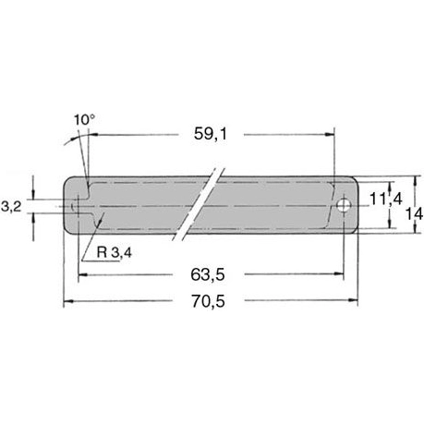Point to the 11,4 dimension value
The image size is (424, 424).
(x=384, y=198)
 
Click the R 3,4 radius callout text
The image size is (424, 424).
(x=114, y=251)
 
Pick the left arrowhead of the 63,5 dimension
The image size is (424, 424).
(x=82, y=274)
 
